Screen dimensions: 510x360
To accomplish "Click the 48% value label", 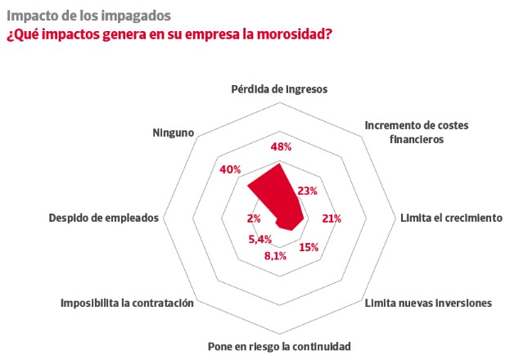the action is (281, 147).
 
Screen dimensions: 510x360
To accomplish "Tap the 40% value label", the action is (230, 169).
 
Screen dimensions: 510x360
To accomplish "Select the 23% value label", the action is (307, 191).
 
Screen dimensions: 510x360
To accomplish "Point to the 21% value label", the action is (332, 218).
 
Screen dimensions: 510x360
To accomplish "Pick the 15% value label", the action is (309, 247).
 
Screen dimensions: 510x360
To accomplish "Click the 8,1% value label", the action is (275, 256).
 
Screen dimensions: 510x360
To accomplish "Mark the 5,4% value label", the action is (260, 240).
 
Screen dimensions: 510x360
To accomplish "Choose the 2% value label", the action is (254, 218).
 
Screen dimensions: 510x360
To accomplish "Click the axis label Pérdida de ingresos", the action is (279, 89).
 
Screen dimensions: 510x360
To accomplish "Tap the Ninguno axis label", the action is (174, 133).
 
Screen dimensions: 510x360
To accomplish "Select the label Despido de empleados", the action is (104, 218).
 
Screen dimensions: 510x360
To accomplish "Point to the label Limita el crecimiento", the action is (451, 218).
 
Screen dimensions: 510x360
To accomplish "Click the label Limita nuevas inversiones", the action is (428, 303).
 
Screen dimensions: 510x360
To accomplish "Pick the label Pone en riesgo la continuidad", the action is (279, 346).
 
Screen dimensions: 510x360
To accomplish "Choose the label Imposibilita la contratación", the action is (127, 303).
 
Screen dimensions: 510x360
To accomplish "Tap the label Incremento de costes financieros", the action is (417, 132).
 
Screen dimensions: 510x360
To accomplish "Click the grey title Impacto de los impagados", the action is (88, 16).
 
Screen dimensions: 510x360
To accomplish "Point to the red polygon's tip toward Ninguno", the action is (247, 186).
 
